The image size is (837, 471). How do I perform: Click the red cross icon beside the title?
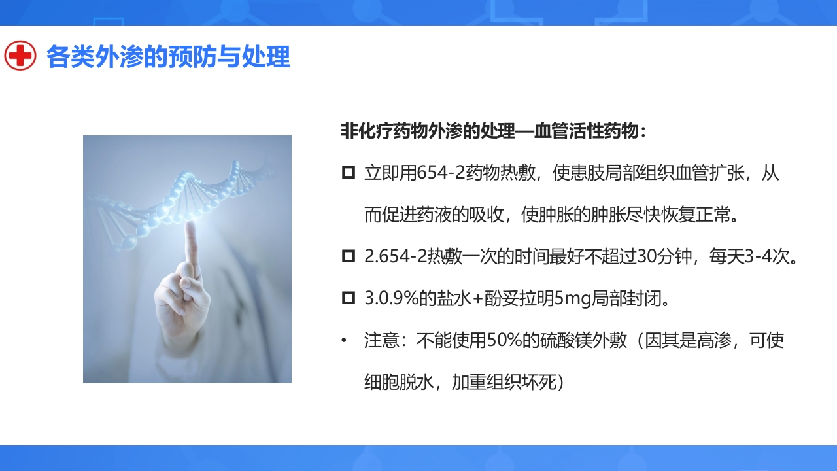pos(20,56)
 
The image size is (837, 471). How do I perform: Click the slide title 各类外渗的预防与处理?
pos(168,57)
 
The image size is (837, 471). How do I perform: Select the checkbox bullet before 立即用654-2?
pos(349,173)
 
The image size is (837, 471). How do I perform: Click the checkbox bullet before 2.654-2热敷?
pos(349,256)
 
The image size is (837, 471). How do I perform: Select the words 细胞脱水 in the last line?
pos(399,382)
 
